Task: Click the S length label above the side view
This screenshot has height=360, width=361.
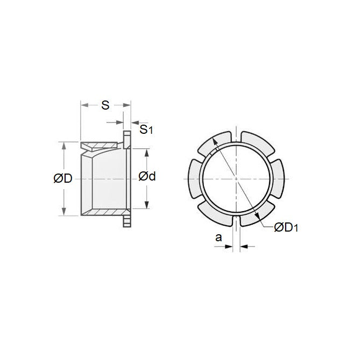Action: coord(105,105)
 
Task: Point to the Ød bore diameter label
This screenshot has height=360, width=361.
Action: coord(147,176)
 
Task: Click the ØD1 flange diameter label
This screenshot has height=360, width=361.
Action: coord(286,228)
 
